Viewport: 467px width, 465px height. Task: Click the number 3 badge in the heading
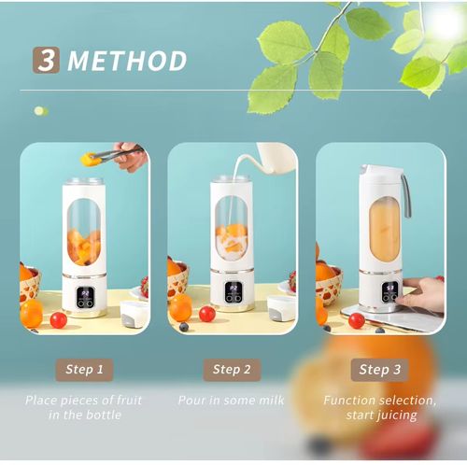[46, 60]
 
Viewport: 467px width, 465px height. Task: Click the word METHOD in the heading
[127, 62]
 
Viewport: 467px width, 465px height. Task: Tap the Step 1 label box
[85, 369]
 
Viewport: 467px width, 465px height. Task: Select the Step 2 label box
[232, 369]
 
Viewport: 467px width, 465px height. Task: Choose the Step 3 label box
[380, 369]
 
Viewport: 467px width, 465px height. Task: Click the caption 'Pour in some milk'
[232, 400]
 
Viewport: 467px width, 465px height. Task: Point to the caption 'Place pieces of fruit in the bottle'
[84, 407]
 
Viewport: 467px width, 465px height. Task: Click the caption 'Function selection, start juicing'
[379, 407]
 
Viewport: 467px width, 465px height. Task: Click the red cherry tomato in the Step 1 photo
[58, 320]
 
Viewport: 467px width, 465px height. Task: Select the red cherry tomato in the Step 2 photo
[207, 314]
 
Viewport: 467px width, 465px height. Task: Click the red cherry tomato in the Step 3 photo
[356, 320]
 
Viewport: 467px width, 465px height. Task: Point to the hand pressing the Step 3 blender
[425, 293]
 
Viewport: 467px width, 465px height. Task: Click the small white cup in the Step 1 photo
[134, 314]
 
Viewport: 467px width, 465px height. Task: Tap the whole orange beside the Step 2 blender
[180, 307]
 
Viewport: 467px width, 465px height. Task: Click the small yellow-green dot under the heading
[40, 111]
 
